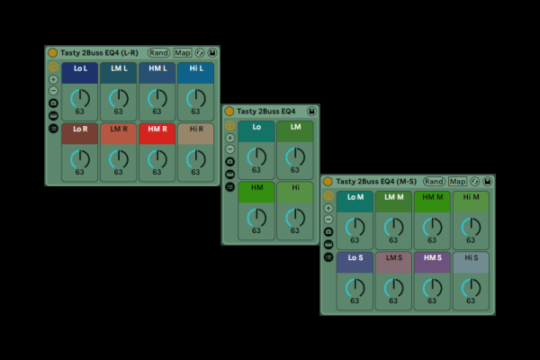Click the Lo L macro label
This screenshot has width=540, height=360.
pos(80,68)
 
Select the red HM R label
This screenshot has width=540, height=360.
pos(157,130)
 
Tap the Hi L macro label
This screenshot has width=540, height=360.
pos(195,68)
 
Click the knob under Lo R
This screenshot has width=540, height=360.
pos(80,159)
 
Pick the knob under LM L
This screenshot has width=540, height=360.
pos(119,98)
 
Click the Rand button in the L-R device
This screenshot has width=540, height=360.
pos(159,53)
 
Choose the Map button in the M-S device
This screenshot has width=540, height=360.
pos(458,182)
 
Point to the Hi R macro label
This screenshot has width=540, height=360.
pos(195,130)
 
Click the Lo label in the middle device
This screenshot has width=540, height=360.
pos(256,127)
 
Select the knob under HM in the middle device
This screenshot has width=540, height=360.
pos(256,217)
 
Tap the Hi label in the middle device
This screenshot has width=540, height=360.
pos(295,187)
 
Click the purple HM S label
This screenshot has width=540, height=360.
pos(432,257)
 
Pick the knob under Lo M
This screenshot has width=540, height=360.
pos(355,227)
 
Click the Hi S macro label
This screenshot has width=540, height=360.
pos(471,257)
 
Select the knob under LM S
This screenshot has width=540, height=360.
pos(393,287)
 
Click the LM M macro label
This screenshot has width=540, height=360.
pos(393,197)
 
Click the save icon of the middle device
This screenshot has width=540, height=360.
pos(311,112)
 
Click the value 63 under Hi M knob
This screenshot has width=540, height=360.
pos(471,240)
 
